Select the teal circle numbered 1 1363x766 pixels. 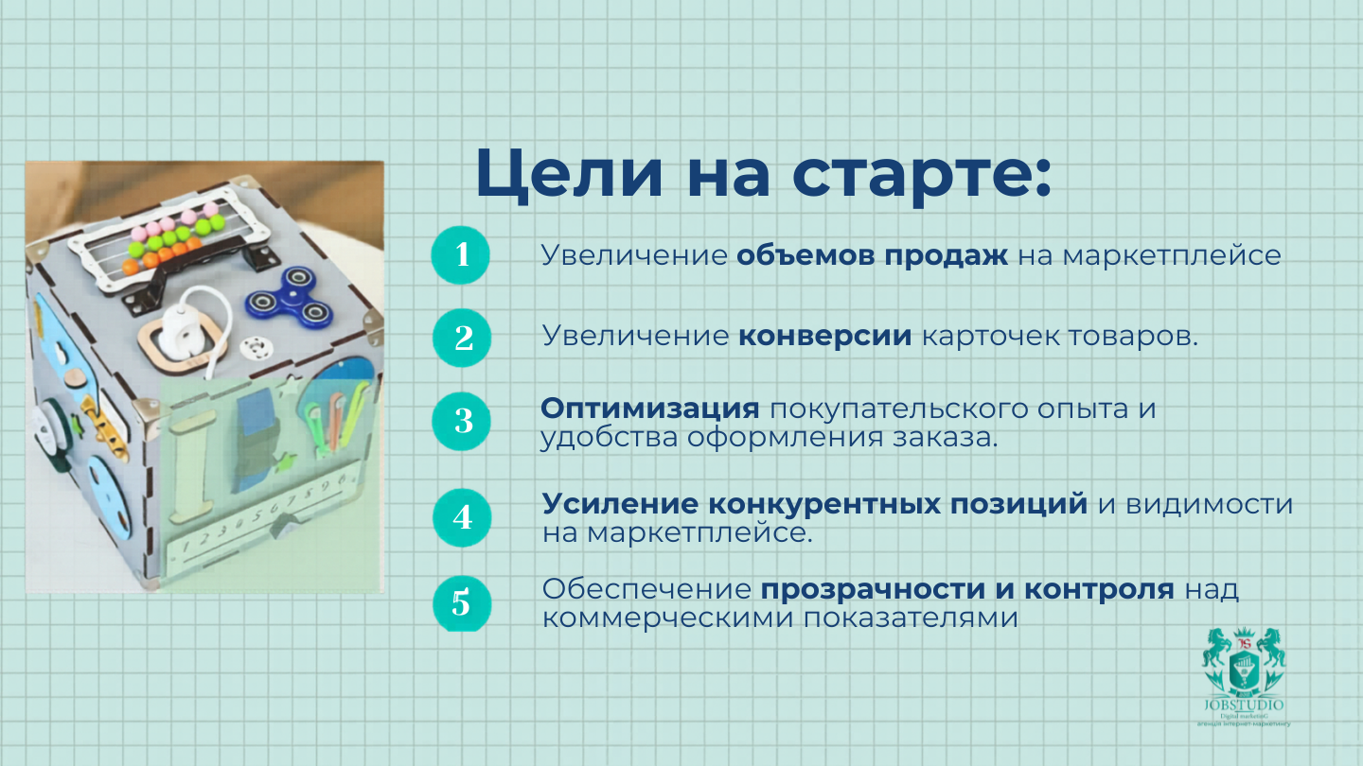[461, 254]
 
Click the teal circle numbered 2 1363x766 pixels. [463, 338]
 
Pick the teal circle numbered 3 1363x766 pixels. [462, 421]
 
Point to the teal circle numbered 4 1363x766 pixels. [462, 517]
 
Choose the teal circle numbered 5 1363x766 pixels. [461, 602]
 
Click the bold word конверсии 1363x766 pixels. [825, 337]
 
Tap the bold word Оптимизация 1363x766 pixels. [650, 409]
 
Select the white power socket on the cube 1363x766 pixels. [181, 335]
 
